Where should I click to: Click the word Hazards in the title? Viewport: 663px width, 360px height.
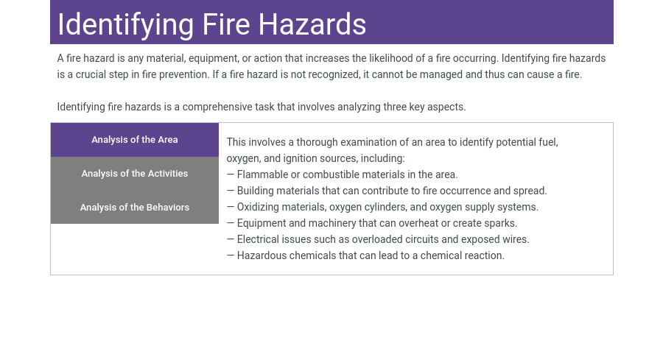312,24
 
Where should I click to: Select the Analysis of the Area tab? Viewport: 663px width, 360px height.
135,140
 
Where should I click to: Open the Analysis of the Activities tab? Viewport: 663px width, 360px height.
135,174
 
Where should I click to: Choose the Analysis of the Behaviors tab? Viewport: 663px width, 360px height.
135,208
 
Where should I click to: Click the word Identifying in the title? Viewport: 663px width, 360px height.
125,25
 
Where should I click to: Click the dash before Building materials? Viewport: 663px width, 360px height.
231,191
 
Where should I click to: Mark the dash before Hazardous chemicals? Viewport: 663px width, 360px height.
231,255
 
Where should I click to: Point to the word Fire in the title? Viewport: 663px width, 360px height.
226,24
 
